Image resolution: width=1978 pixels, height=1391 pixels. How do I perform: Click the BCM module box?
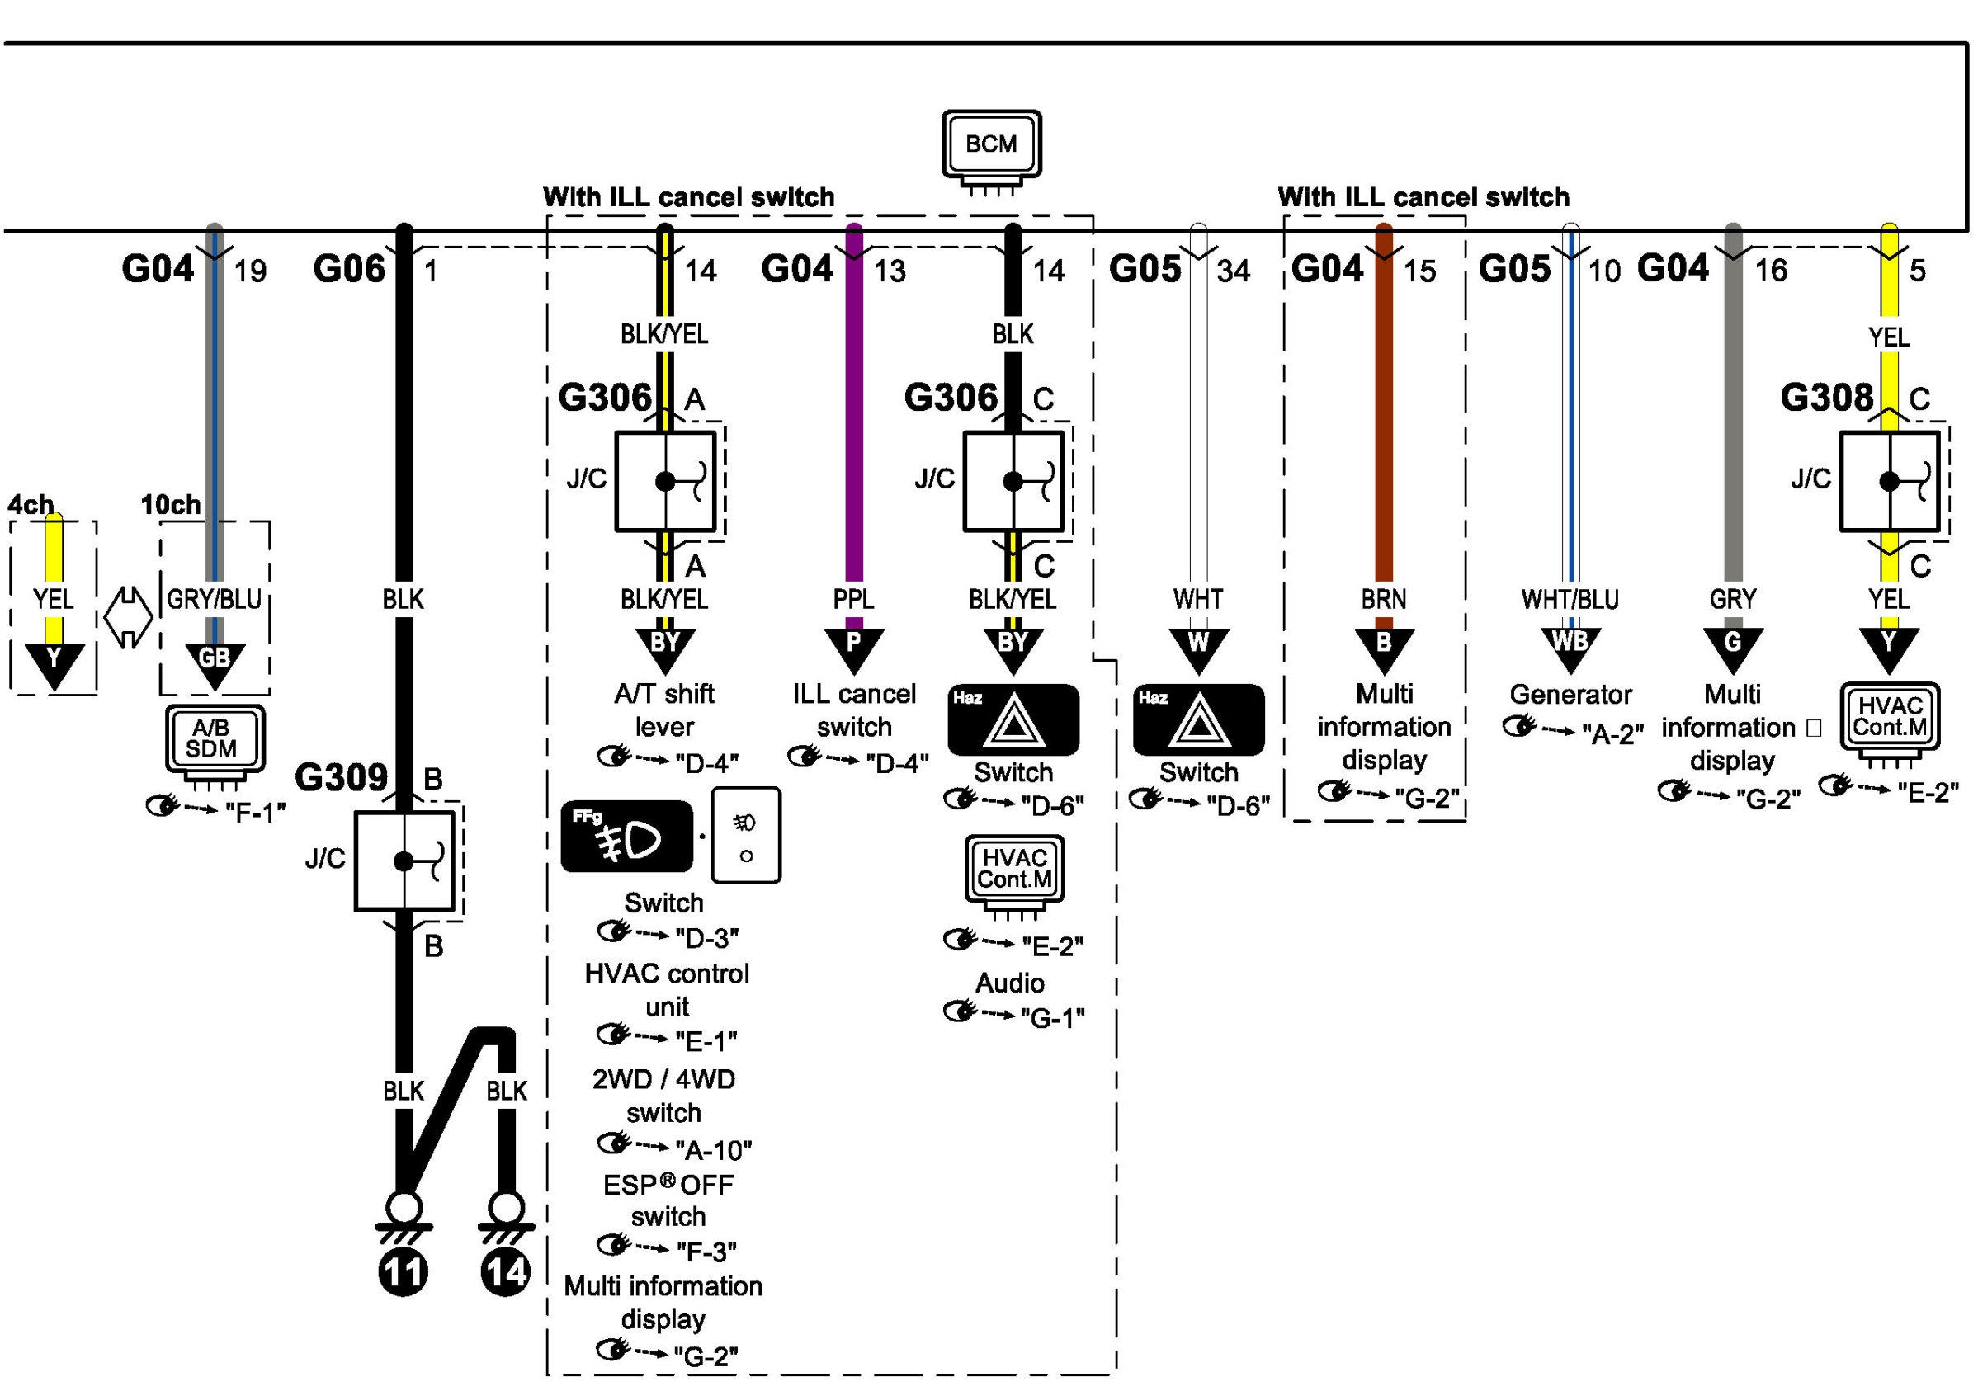991,144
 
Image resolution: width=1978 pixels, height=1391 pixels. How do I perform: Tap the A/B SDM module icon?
214,738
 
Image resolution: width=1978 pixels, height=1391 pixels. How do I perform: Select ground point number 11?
404,1272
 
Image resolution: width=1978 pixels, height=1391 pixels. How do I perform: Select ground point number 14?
506,1272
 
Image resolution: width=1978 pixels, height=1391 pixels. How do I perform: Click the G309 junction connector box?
404,861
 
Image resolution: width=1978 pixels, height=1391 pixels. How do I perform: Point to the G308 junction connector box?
1889,481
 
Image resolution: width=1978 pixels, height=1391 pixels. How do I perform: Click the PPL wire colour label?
853,599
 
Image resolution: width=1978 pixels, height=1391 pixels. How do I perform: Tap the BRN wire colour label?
1384,599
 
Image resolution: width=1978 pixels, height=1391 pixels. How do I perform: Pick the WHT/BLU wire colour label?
1570,600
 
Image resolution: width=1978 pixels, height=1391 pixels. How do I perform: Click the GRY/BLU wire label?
214,599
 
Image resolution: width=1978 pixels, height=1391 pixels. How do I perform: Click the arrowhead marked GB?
214,662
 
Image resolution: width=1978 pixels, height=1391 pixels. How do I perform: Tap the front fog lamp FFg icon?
626,837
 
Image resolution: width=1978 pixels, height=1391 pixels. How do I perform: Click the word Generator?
1570,694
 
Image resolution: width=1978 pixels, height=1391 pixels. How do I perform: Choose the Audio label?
1010,983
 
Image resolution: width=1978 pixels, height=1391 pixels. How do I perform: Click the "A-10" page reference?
713,1150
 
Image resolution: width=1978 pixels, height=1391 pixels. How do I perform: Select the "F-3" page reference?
706,1251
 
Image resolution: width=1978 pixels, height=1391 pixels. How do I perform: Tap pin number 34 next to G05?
1233,271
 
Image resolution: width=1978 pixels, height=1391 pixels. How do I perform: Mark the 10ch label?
171,505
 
